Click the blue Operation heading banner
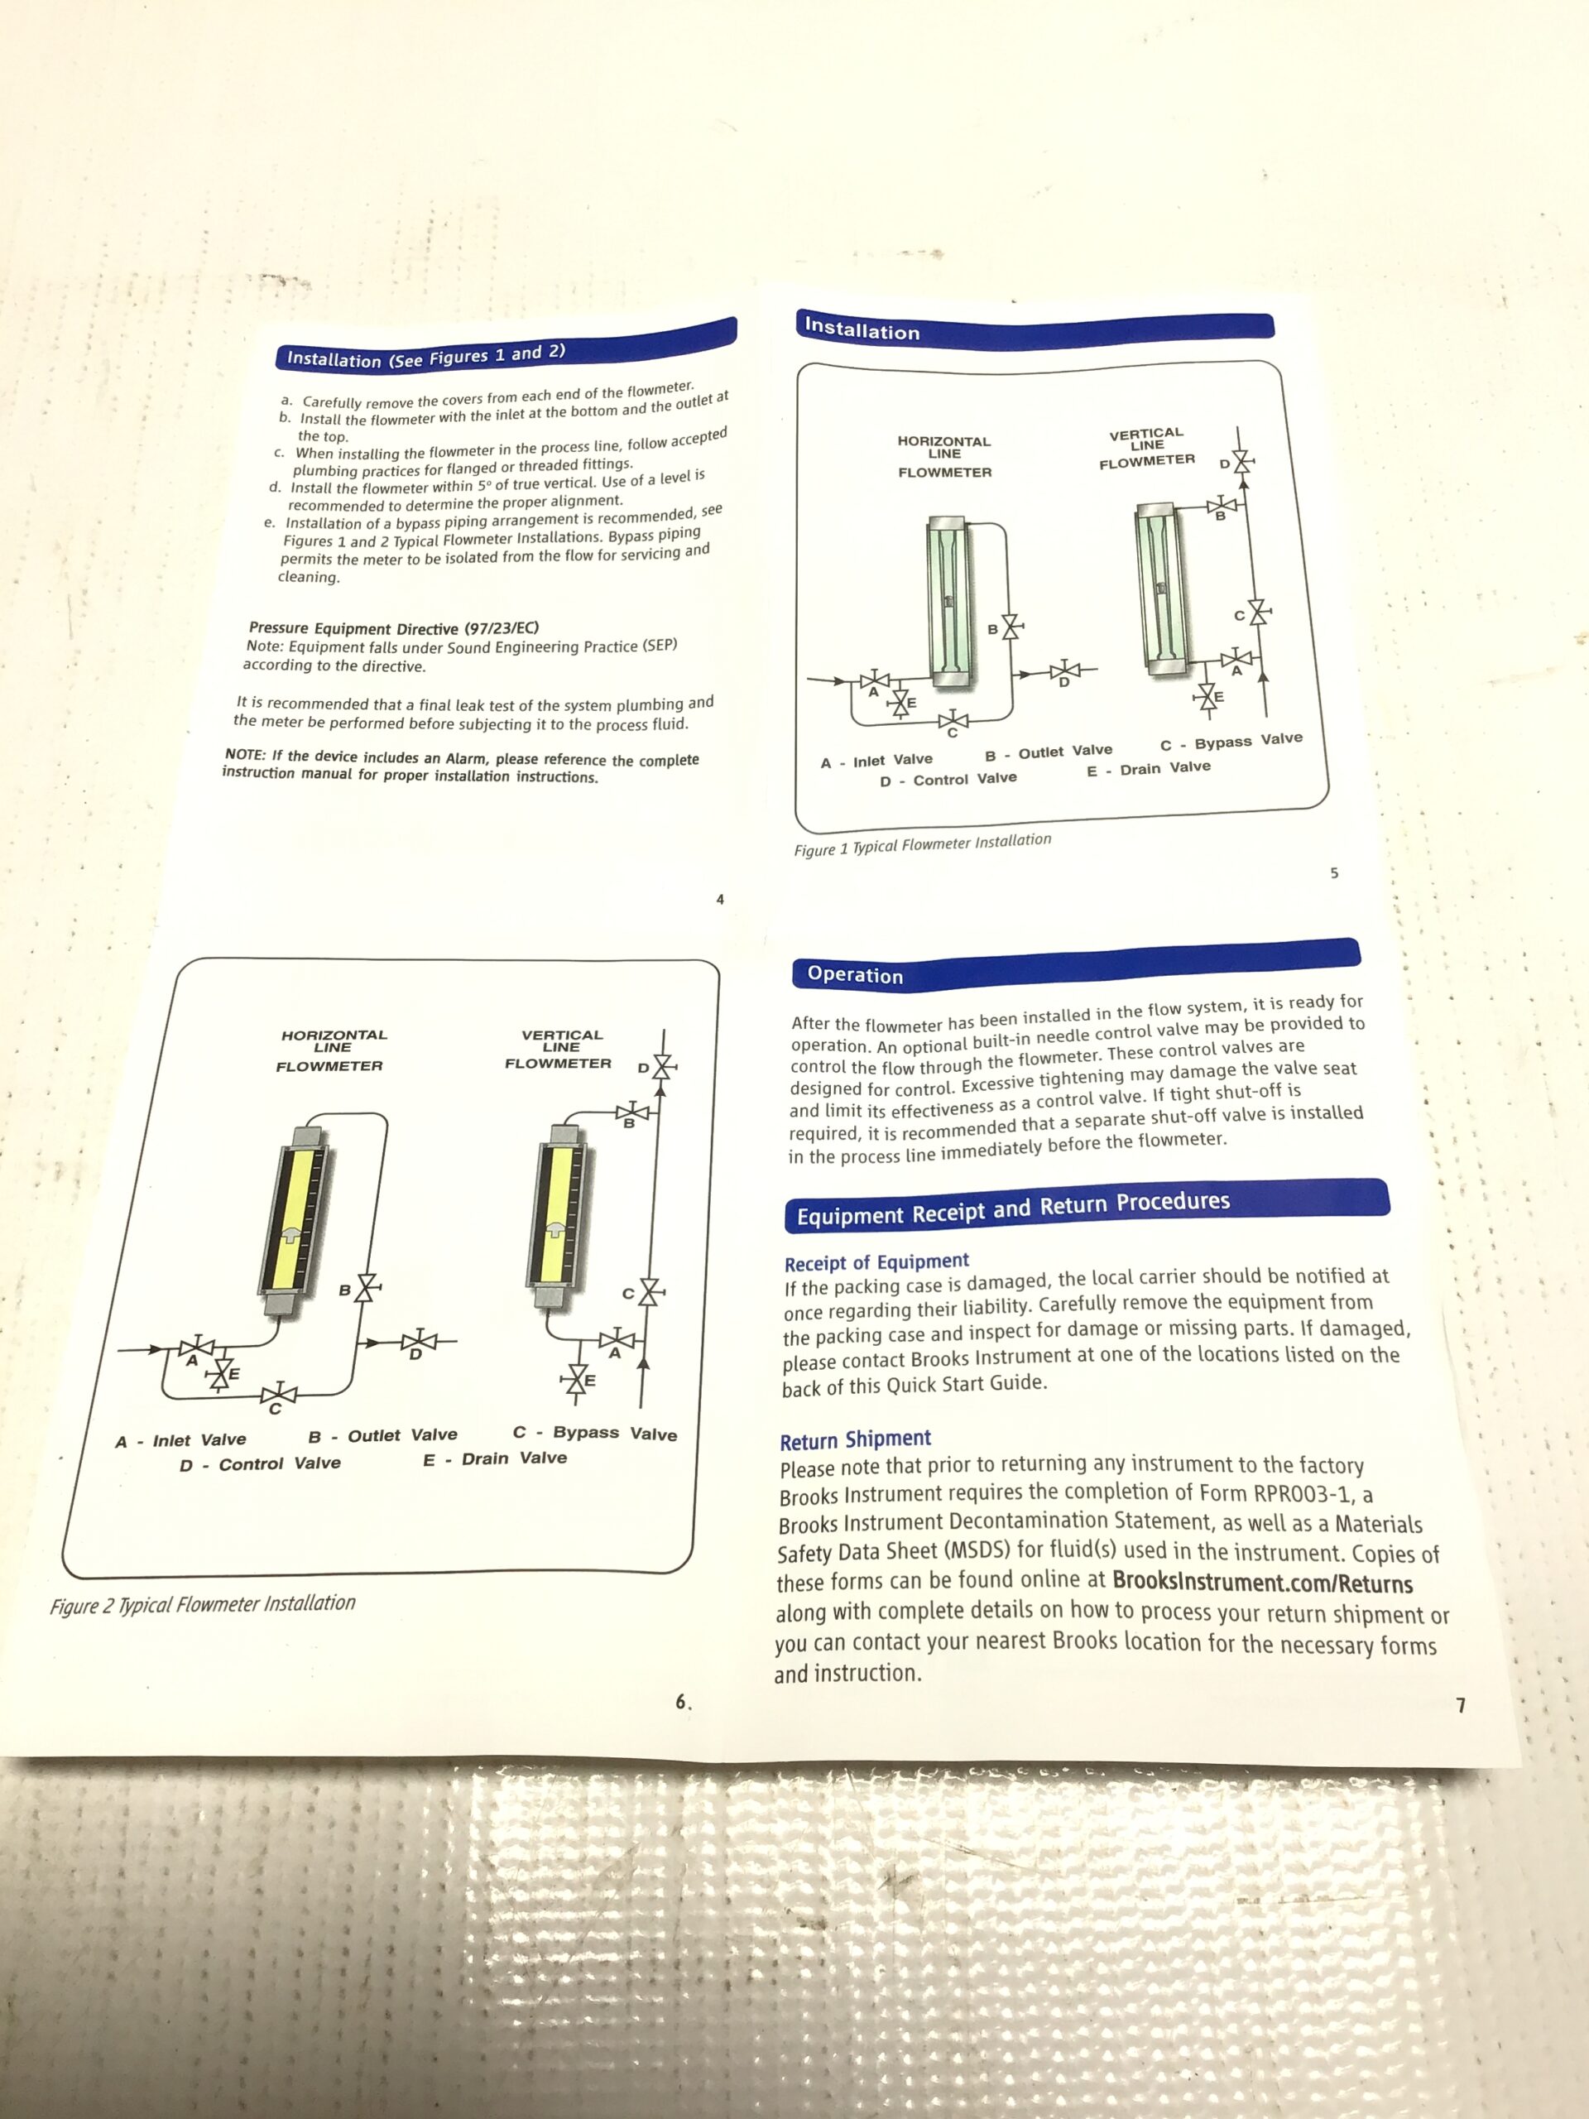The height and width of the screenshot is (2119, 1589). pyautogui.click(x=1076, y=963)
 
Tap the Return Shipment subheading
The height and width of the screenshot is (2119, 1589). pyautogui.click(x=855, y=1439)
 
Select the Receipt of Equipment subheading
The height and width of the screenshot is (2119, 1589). pyautogui.click(x=876, y=1262)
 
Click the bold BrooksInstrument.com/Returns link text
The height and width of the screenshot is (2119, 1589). pyautogui.click(x=1262, y=1582)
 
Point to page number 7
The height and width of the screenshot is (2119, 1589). pyautogui.click(x=1461, y=1706)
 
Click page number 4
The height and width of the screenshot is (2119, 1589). pyautogui.click(x=720, y=900)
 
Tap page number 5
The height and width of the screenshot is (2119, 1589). pyautogui.click(x=1334, y=872)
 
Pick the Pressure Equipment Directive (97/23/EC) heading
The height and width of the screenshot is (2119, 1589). pyautogui.click(x=394, y=628)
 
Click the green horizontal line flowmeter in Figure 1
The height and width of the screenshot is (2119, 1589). pyautogui.click(x=950, y=602)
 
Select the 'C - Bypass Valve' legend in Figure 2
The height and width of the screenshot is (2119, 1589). pyautogui.click(x=595, y=1433)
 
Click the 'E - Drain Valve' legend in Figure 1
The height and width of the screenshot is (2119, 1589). pyautogui.click(x=1149, y=768)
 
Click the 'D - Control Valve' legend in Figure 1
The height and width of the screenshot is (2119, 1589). pyautogui.click(x=948, y=780)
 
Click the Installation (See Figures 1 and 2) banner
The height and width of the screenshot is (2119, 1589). pyautogui.click(x=506, y=345)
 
